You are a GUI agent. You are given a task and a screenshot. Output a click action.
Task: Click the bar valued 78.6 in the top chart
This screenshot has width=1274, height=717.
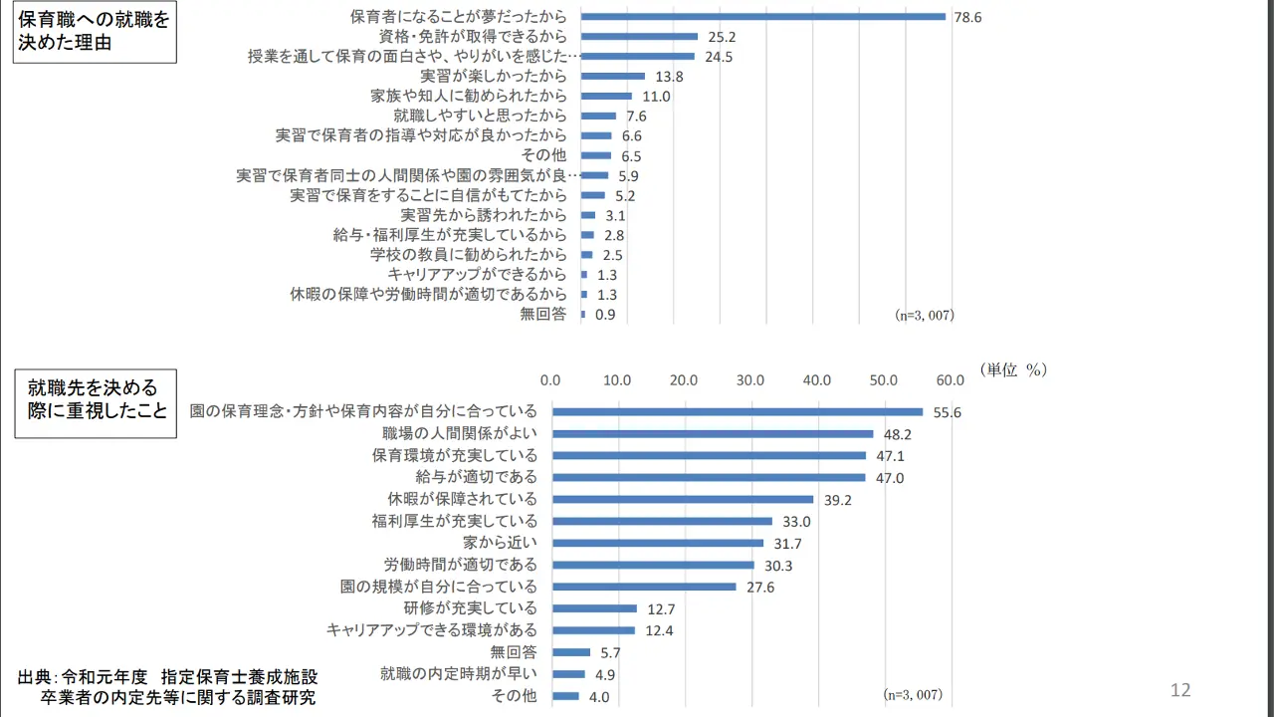tap(762, 16)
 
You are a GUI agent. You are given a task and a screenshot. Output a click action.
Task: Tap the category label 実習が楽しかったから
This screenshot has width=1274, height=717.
tap(494, 76)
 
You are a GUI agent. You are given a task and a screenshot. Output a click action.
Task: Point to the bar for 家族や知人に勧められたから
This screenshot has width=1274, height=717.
tap(606, 96)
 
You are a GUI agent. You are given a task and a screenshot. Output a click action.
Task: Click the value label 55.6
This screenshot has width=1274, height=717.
tap(947, 412)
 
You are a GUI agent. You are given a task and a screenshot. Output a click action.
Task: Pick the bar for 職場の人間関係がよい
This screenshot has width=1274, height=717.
tap(713, 434)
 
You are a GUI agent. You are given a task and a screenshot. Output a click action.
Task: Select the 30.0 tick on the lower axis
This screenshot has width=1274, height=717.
tap(749, 379)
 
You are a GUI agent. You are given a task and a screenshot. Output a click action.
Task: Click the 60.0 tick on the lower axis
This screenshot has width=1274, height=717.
tap(950, 379)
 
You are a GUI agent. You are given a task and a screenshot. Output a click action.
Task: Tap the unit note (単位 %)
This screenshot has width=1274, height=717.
tap(1012, 369)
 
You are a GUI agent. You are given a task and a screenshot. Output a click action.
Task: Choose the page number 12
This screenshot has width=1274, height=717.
tap(1180, 690)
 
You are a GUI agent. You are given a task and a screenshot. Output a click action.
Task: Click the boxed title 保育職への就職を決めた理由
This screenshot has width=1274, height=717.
tap(95, 31)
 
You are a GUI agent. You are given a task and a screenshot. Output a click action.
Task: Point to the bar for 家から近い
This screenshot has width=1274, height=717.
tap(658, 543)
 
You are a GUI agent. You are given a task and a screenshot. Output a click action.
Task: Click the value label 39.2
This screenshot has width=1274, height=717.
tap(837, 500)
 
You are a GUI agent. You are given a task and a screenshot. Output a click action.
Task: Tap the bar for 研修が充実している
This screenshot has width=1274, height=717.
tap(594, 608)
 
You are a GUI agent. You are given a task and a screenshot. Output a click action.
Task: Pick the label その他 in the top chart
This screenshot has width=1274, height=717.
tap(543, 155)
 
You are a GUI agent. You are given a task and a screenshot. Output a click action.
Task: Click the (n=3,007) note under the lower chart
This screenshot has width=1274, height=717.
tap(913, 694)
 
